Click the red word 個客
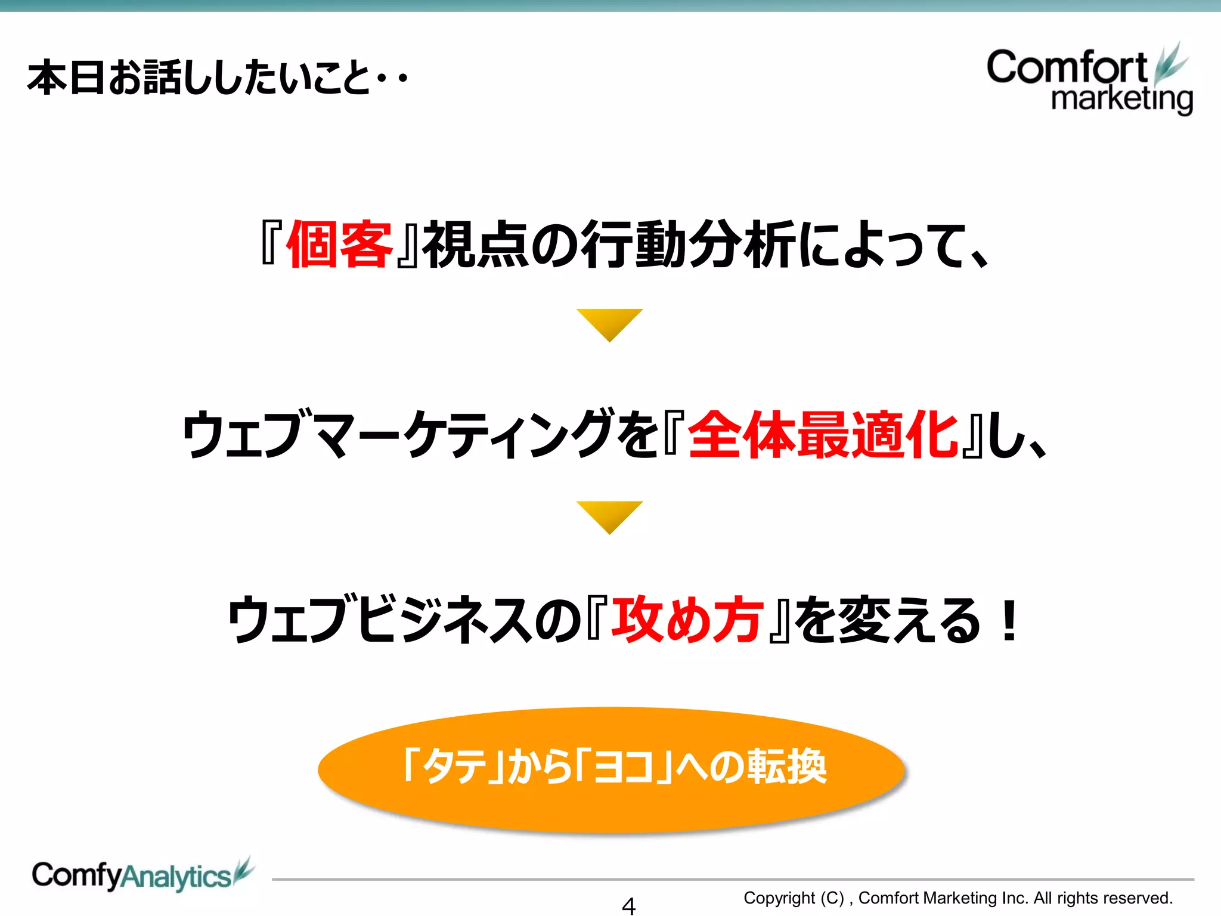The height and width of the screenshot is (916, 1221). pyautogui.click(x=339, y=244)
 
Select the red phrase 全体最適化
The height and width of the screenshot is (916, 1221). pyautogui.click(x=823, y=435)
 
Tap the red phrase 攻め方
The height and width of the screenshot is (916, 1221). pyautogui.click(x=687, y=621)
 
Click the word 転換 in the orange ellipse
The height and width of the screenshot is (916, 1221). pyautogui.click(x=787, y=767)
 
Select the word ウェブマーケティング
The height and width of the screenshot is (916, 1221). pyautogui.click(x=397, y=435)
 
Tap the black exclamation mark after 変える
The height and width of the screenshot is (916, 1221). pyautogui.click(x=1009, y=621)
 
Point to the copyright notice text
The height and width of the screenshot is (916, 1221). pyautogui.click(x=957, y=898)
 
